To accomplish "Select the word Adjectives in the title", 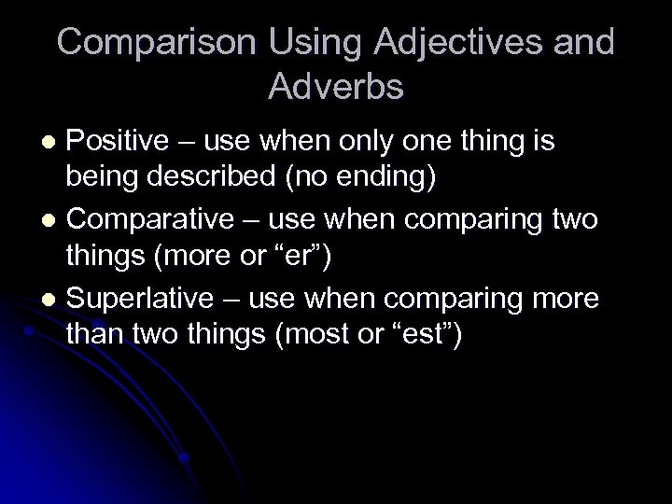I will tap(460, 43).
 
